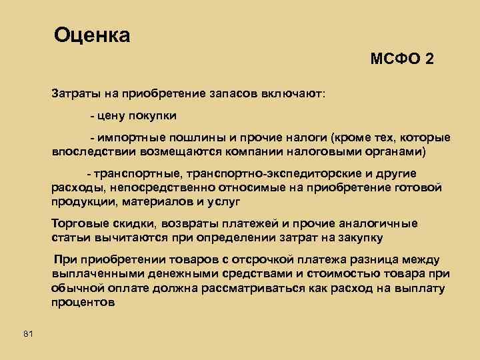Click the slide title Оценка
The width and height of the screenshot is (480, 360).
(x=92, y=35)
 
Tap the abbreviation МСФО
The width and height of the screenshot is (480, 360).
(x=394, y=59)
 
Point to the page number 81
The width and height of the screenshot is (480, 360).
(x=27, y=333)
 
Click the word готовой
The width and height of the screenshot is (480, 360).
(x=418, y=188)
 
